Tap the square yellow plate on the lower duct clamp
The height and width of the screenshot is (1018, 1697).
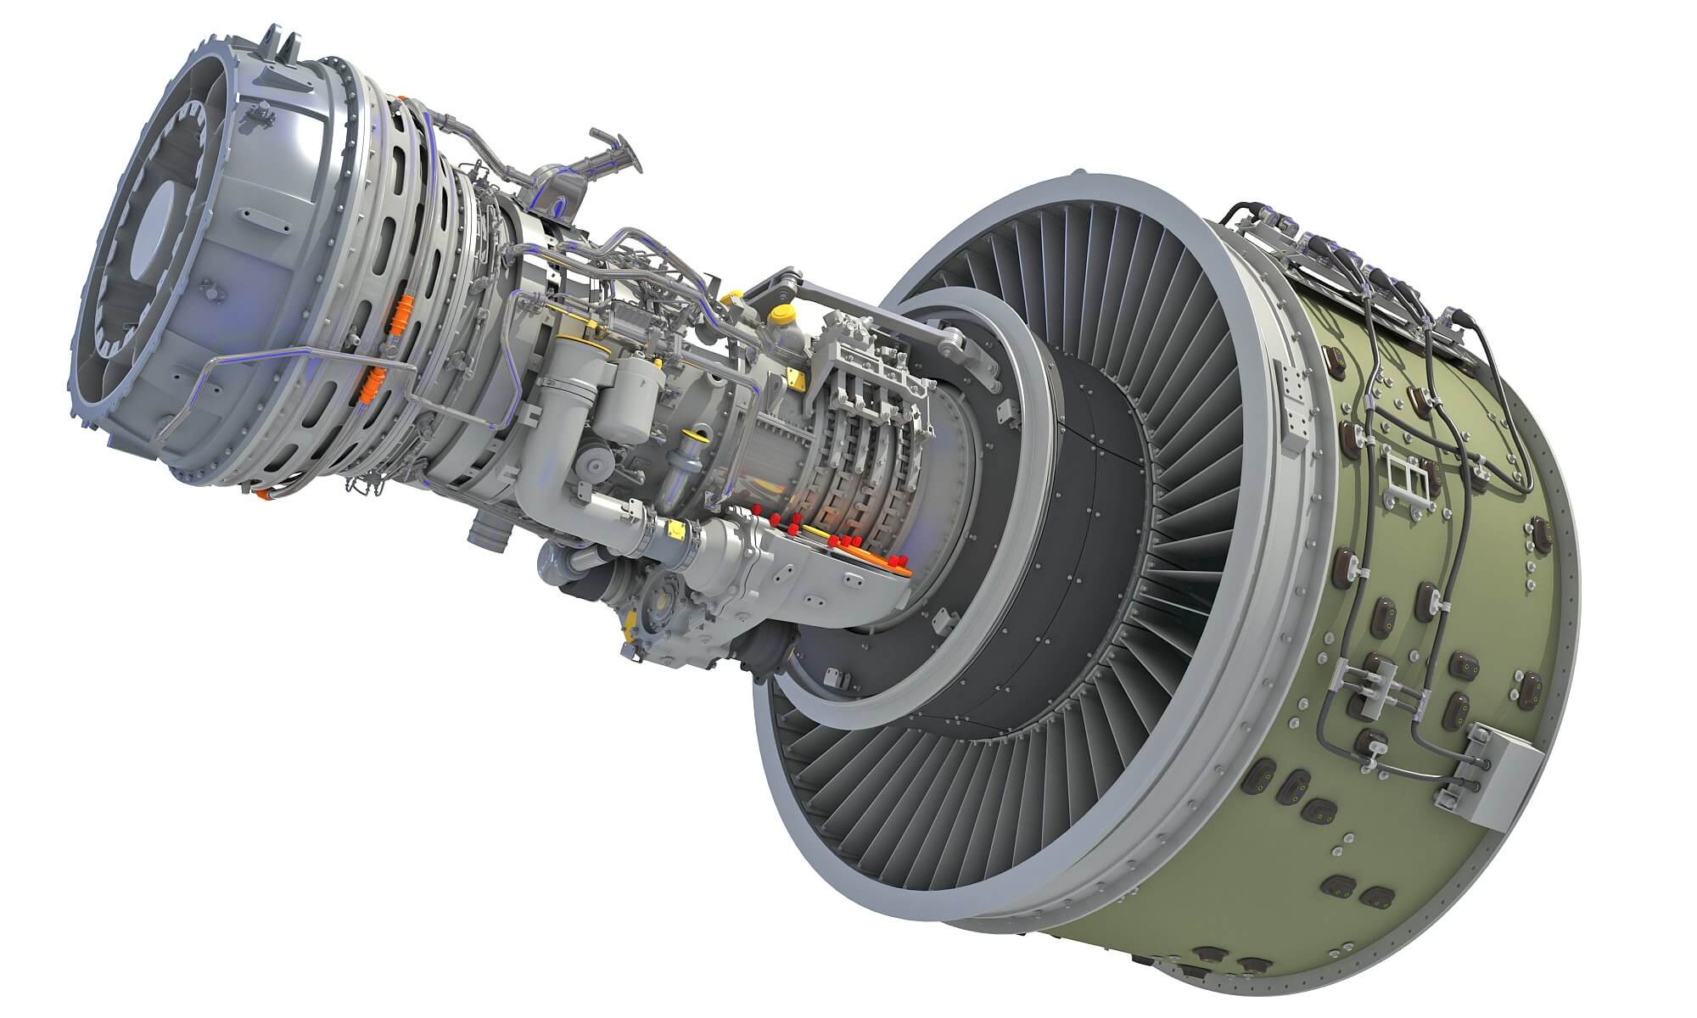(x=676, y=530)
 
